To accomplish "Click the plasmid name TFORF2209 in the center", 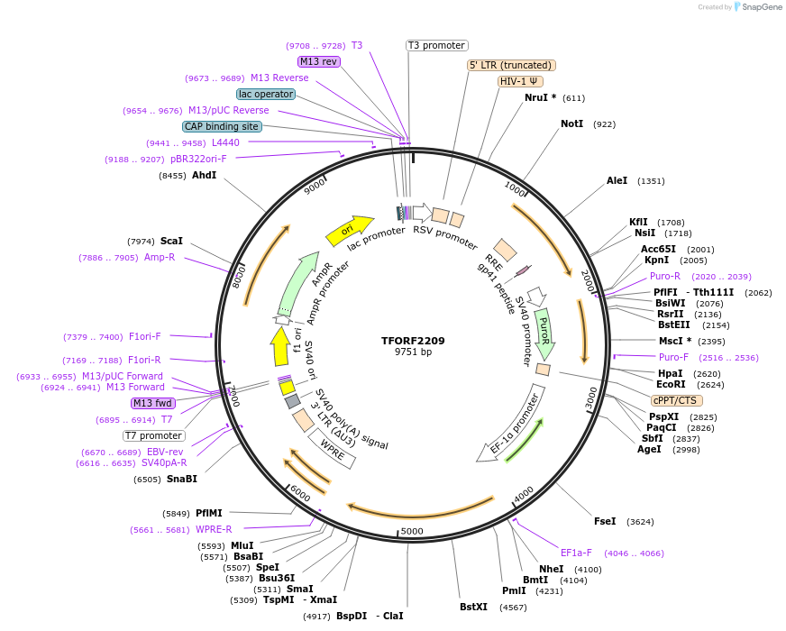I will (x=413, y=341).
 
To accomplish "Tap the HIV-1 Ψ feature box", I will (x=521, y=81).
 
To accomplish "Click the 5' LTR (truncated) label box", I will (x=511, y=65).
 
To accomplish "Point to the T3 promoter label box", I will (x=436, y=45).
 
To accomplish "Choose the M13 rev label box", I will (x=318, y=61).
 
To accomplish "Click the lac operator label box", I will (x=266, y=94).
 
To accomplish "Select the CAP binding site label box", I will (x=222, y=126).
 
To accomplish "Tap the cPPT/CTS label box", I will (x=676, y=400).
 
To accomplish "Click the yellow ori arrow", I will (x=350, y=230).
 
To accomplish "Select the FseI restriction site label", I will (x=605, y=521).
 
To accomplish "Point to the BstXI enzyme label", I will (x=473, y=607).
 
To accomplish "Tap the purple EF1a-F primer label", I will (x=576, y=553).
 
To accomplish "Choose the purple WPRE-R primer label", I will (x=214, y=529).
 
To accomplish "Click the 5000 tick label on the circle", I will (x=412, y=531).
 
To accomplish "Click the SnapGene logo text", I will (x=759, y=7).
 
